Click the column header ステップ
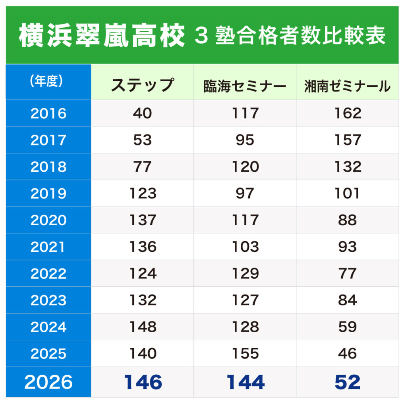coord(142,85)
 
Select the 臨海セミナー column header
coord(245,86)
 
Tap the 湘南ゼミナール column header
coord(347,86)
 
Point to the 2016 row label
coord(48,113)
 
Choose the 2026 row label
coord(48,382)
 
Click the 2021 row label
coord(48,247)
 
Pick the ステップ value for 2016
coord(142,113)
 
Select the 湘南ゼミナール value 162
coord(347,113)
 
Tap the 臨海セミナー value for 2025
coord(245,353)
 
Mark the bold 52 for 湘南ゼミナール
coord(347,382)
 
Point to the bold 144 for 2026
coord(245,382)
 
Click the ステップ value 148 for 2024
coord(143,327)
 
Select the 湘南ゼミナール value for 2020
coord(347,220)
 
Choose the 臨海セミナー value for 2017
coord(245,140)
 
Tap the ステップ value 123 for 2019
coord(143,193)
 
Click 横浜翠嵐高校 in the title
coord(102,36)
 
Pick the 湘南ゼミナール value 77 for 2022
coord(347,274)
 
